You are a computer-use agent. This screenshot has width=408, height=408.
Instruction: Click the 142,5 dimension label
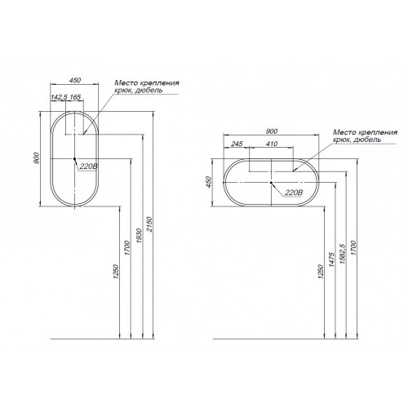[x=59, y=97]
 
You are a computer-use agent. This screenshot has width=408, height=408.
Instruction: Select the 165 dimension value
[x=75, y=97]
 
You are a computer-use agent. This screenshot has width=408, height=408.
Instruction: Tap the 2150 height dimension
[x=149, y=224]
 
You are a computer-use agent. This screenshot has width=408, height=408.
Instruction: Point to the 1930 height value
[x=139, y=236]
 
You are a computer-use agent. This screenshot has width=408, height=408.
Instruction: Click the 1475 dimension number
[x=331, y=259]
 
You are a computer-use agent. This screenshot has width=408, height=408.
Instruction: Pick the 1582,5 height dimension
[x=343, y=254]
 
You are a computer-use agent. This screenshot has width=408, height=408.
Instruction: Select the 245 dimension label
[x=237, y=144]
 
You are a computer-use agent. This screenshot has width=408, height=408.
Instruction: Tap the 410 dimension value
[x=272, y=144]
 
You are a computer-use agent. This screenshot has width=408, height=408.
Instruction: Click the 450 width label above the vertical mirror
[x=75, y=80]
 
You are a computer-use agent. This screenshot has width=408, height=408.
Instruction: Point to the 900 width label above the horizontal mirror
[x=272, y=131]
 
